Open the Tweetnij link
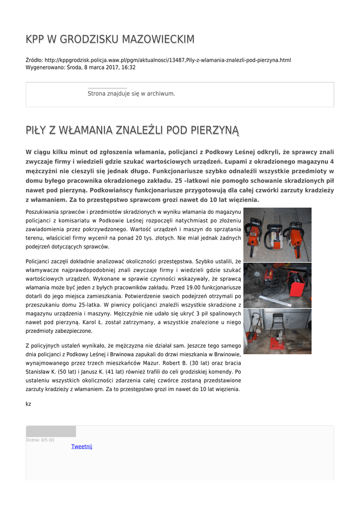click(82, 446)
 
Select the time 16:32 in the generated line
click(129, 67)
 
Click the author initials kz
click(28, 404)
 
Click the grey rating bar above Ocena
click(51, 431)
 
